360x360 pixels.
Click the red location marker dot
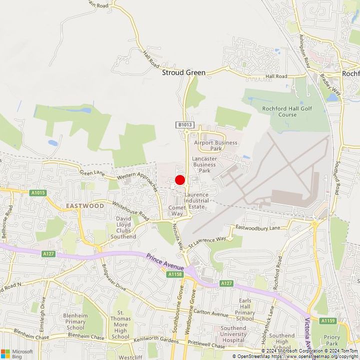[180, 180]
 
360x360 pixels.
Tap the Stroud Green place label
[183, 72]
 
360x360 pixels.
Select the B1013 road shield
[183, 124]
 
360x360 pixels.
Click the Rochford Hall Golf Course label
[279, 111]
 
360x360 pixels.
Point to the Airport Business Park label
[215, 145]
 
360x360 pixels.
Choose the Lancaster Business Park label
[204, 164]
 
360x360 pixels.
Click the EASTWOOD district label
[85, 205]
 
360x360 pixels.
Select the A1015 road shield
[38, 193]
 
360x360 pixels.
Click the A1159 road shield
[327, 320]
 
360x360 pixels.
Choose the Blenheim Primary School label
[75, 322]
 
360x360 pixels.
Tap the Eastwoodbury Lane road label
[258, 228]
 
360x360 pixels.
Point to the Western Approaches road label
[138, 181]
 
